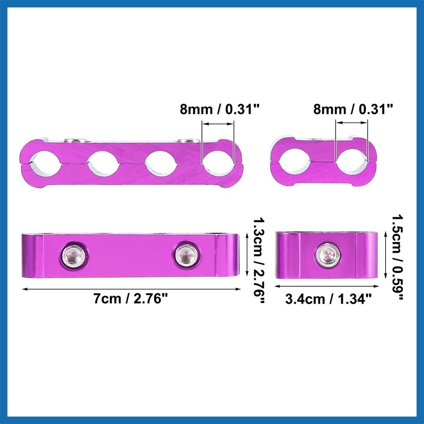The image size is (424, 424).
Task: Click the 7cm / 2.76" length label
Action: [x=131, y=299]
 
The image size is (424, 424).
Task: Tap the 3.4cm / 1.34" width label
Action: [x=329, y=299]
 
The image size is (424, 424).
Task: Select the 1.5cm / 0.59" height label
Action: [x=398, y=257]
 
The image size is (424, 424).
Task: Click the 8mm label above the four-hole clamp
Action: [x=219, y=110]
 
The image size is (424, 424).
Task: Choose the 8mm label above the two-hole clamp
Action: [x=353, y=110]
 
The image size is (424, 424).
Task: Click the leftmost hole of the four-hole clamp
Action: [x=47, y=164]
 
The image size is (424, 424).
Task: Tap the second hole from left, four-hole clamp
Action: [x=103, y=164]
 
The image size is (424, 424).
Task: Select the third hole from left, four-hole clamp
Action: [x=161, y=164]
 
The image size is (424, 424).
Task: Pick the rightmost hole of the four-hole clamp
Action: [x=217, y=164]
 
